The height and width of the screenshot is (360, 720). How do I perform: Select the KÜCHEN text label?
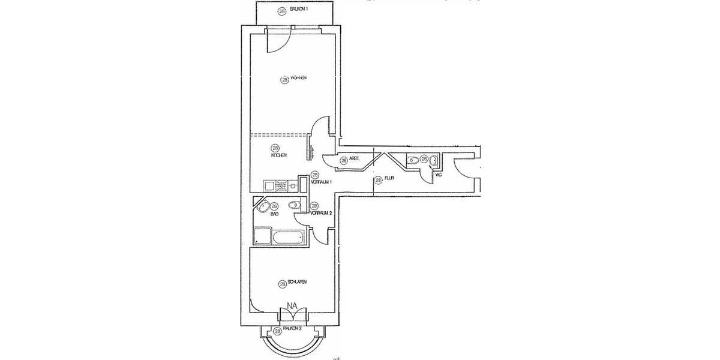(x=278, y=155)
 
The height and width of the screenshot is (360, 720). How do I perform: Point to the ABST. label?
(x=354, y=160)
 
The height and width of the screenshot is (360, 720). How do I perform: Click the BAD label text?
(x=274, y=214)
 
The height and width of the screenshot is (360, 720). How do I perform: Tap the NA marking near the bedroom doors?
(x=293, y=307)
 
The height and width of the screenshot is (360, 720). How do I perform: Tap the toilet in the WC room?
(x=412, y=160)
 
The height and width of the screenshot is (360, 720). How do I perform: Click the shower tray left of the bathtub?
(x=263, y=236)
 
